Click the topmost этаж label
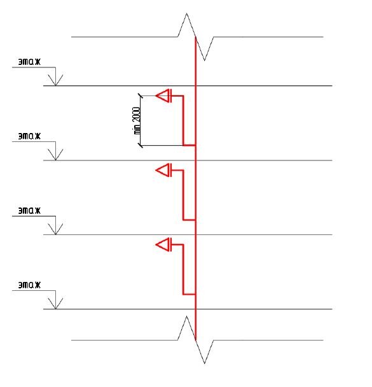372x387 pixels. tap(29, 62)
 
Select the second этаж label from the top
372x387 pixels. tap(29, 136)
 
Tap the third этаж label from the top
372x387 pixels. tap(29, 211)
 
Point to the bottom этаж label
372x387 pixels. tap(29, 285)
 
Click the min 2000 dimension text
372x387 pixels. tap(137, 120)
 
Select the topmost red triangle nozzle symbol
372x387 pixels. tap(163, 95)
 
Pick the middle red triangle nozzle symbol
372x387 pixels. tap(163, 170)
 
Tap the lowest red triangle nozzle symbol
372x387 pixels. tap(163, 244)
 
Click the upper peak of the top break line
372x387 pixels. tap(186, 13)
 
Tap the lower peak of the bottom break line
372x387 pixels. tap(204, 363)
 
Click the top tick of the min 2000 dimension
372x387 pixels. tap(141, 95)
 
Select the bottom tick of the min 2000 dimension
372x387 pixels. tap(141, 145)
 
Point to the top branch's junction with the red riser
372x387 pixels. tap(195, 145)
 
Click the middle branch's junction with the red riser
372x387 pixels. tap(195, 220)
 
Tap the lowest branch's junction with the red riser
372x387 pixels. tap(195, 295)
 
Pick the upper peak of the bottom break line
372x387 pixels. tap(186, 316)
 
